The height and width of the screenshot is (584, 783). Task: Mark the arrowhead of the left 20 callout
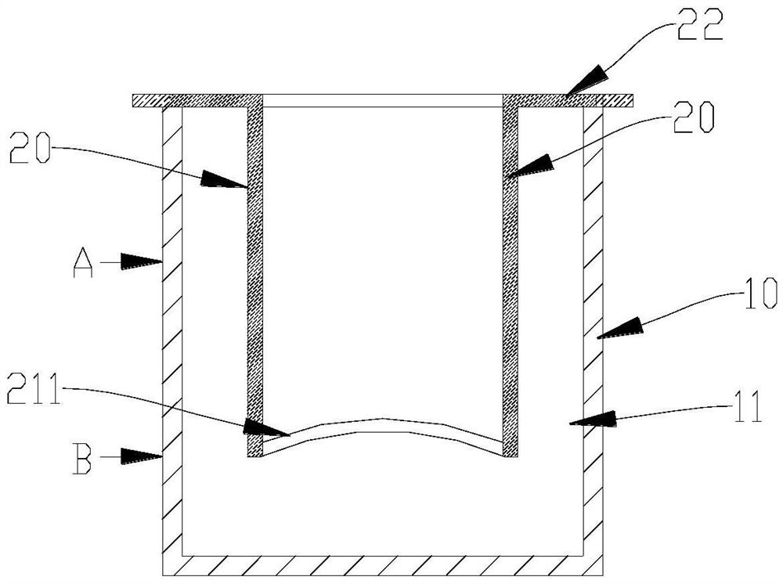tap(226, 180)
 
